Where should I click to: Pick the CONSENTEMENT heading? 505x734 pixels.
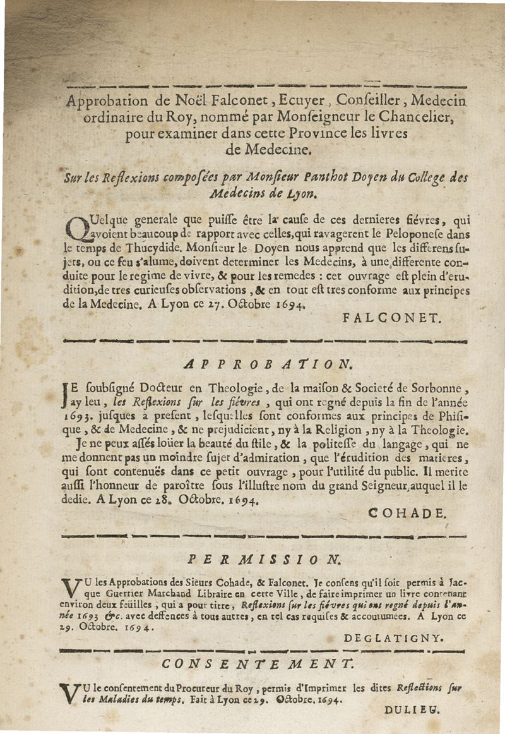pos(258,664)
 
